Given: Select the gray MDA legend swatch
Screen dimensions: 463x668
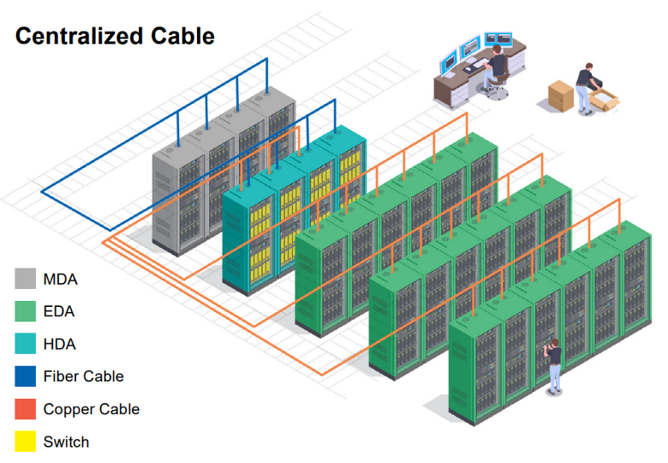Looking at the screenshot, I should (x=26, y=279).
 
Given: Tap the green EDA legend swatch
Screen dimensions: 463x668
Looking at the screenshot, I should (x=26, y=311).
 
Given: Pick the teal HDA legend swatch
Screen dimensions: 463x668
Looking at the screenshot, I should (x=26, y=344).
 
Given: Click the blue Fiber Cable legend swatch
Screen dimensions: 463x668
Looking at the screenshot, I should (x=26, y=376).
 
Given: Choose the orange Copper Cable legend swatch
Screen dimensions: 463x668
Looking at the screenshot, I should (x=26, y=409).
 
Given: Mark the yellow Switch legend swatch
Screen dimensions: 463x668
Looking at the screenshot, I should (x=26, y=442).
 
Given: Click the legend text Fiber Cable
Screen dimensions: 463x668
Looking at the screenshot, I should (x=83, y=376).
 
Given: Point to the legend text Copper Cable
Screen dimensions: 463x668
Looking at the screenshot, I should (x=91, y=409).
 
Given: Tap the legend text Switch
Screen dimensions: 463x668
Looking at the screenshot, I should (x=66, y=442).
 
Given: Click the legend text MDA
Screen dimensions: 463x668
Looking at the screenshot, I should (x=60, y=279).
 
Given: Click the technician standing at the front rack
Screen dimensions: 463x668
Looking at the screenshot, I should (x=555, y=364).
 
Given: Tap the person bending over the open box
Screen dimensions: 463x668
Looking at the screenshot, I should (x=587, y=81).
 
